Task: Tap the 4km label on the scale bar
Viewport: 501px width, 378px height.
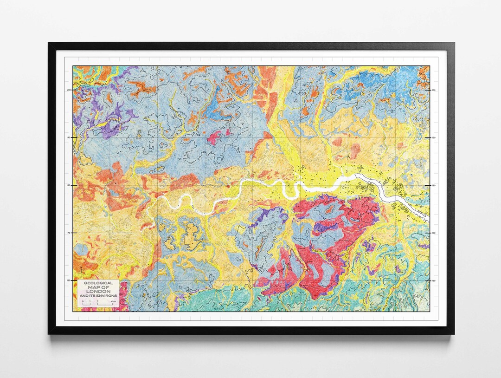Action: pyautogui.click(x=113, y=301)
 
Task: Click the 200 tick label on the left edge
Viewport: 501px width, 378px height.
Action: pyautogui.click(x=69, y=90)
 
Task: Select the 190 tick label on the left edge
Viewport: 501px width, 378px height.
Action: pyautogui.click(x=69, y=137)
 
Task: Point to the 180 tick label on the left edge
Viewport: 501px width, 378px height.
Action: pyautogui.click(x=69, y=185)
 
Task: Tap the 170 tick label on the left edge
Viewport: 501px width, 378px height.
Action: pyautogui.click(x=69, y=233)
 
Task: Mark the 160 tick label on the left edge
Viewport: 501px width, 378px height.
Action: pyautogui.click(x=69, y=280)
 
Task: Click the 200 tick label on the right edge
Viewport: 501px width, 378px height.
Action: pyautogui.click(x=434, y=90)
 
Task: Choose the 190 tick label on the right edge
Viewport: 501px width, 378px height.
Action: pyautogui.click(x=434, y=137)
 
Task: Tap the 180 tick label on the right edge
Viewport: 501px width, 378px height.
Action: pyautogui.click(x=434, y=185)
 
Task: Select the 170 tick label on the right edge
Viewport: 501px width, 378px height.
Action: pyautogui.click(x=434, y=233)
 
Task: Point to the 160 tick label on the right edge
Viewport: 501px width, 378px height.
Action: pyautogui.click(x=434, y=280)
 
